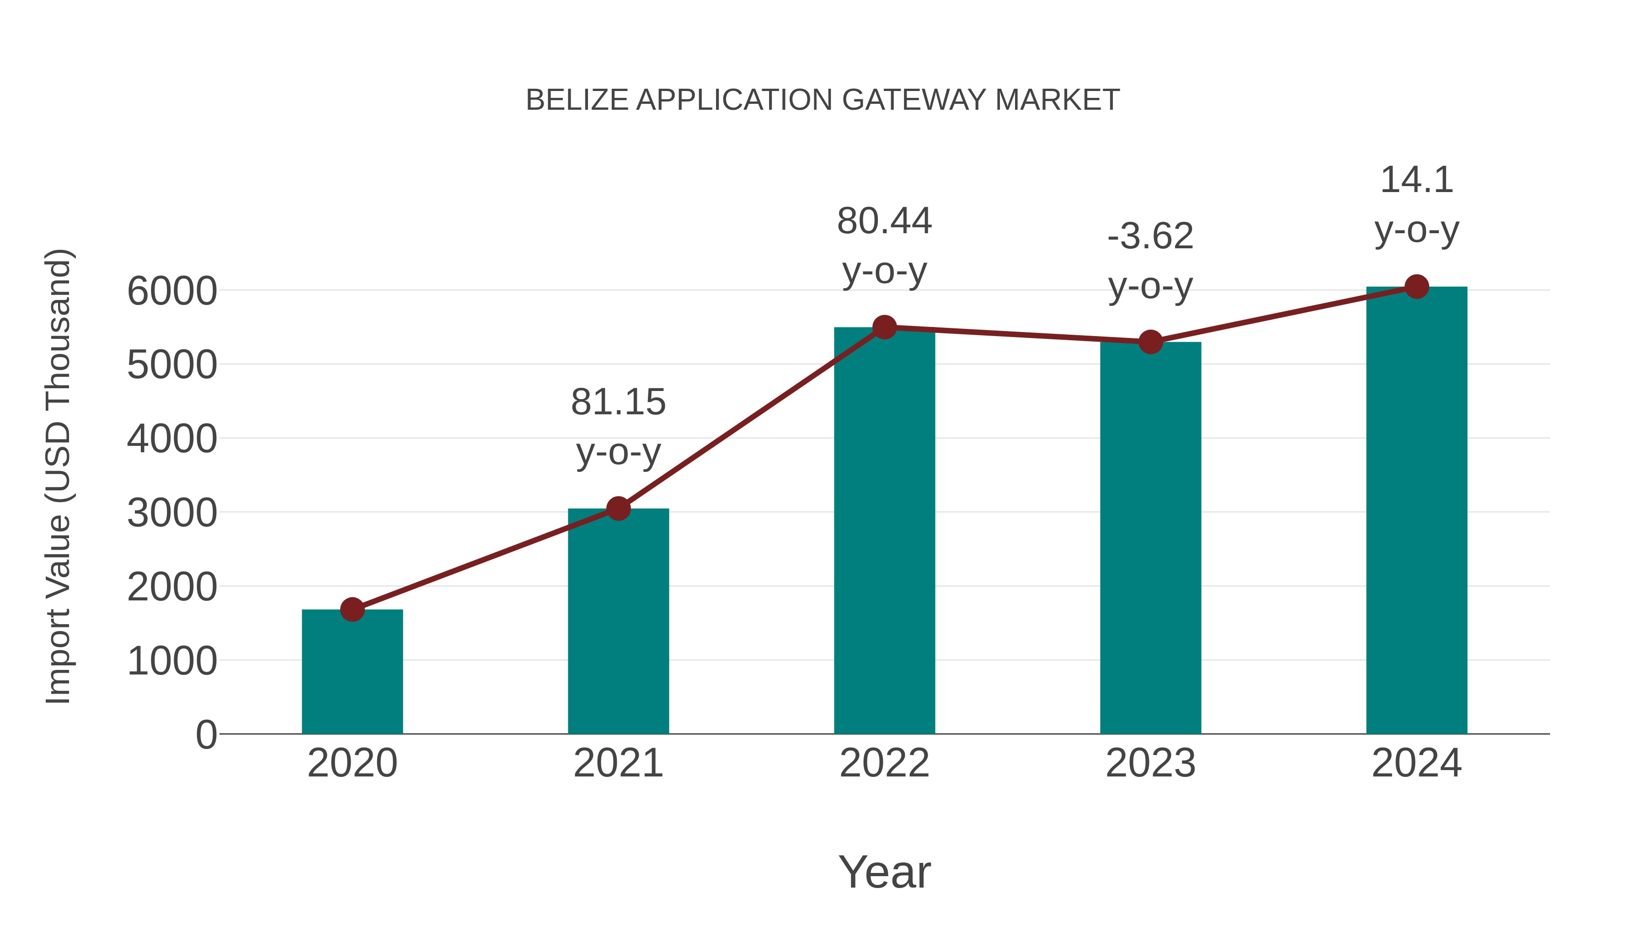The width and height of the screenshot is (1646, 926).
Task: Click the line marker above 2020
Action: pos(352,609)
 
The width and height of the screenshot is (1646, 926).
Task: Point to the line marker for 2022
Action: pos(884,327)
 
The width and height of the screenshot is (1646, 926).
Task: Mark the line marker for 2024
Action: pos(1416,287)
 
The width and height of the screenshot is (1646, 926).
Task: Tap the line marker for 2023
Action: pos(1150,342)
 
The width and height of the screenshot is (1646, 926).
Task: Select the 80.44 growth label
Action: pos(884,246)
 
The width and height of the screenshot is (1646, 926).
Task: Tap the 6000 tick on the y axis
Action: pos(172,291)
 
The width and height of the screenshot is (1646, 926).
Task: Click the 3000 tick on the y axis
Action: pos(172,513)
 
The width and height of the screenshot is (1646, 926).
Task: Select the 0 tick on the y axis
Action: pos(206,735)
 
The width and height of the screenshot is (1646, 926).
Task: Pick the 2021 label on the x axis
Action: pos(618,764)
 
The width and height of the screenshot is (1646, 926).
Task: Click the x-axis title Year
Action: pos(884,872)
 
